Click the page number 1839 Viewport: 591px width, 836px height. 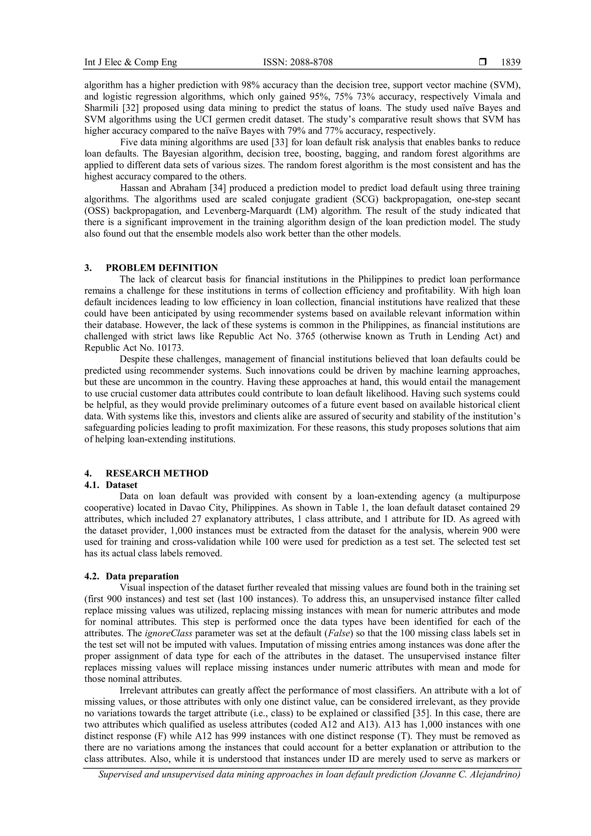510,63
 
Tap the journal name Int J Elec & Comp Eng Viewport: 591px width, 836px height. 131,63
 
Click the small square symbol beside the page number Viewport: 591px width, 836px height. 482,62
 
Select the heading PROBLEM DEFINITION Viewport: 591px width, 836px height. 162,268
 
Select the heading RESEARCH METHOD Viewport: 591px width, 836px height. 157,473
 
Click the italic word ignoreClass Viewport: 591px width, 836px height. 169,633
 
